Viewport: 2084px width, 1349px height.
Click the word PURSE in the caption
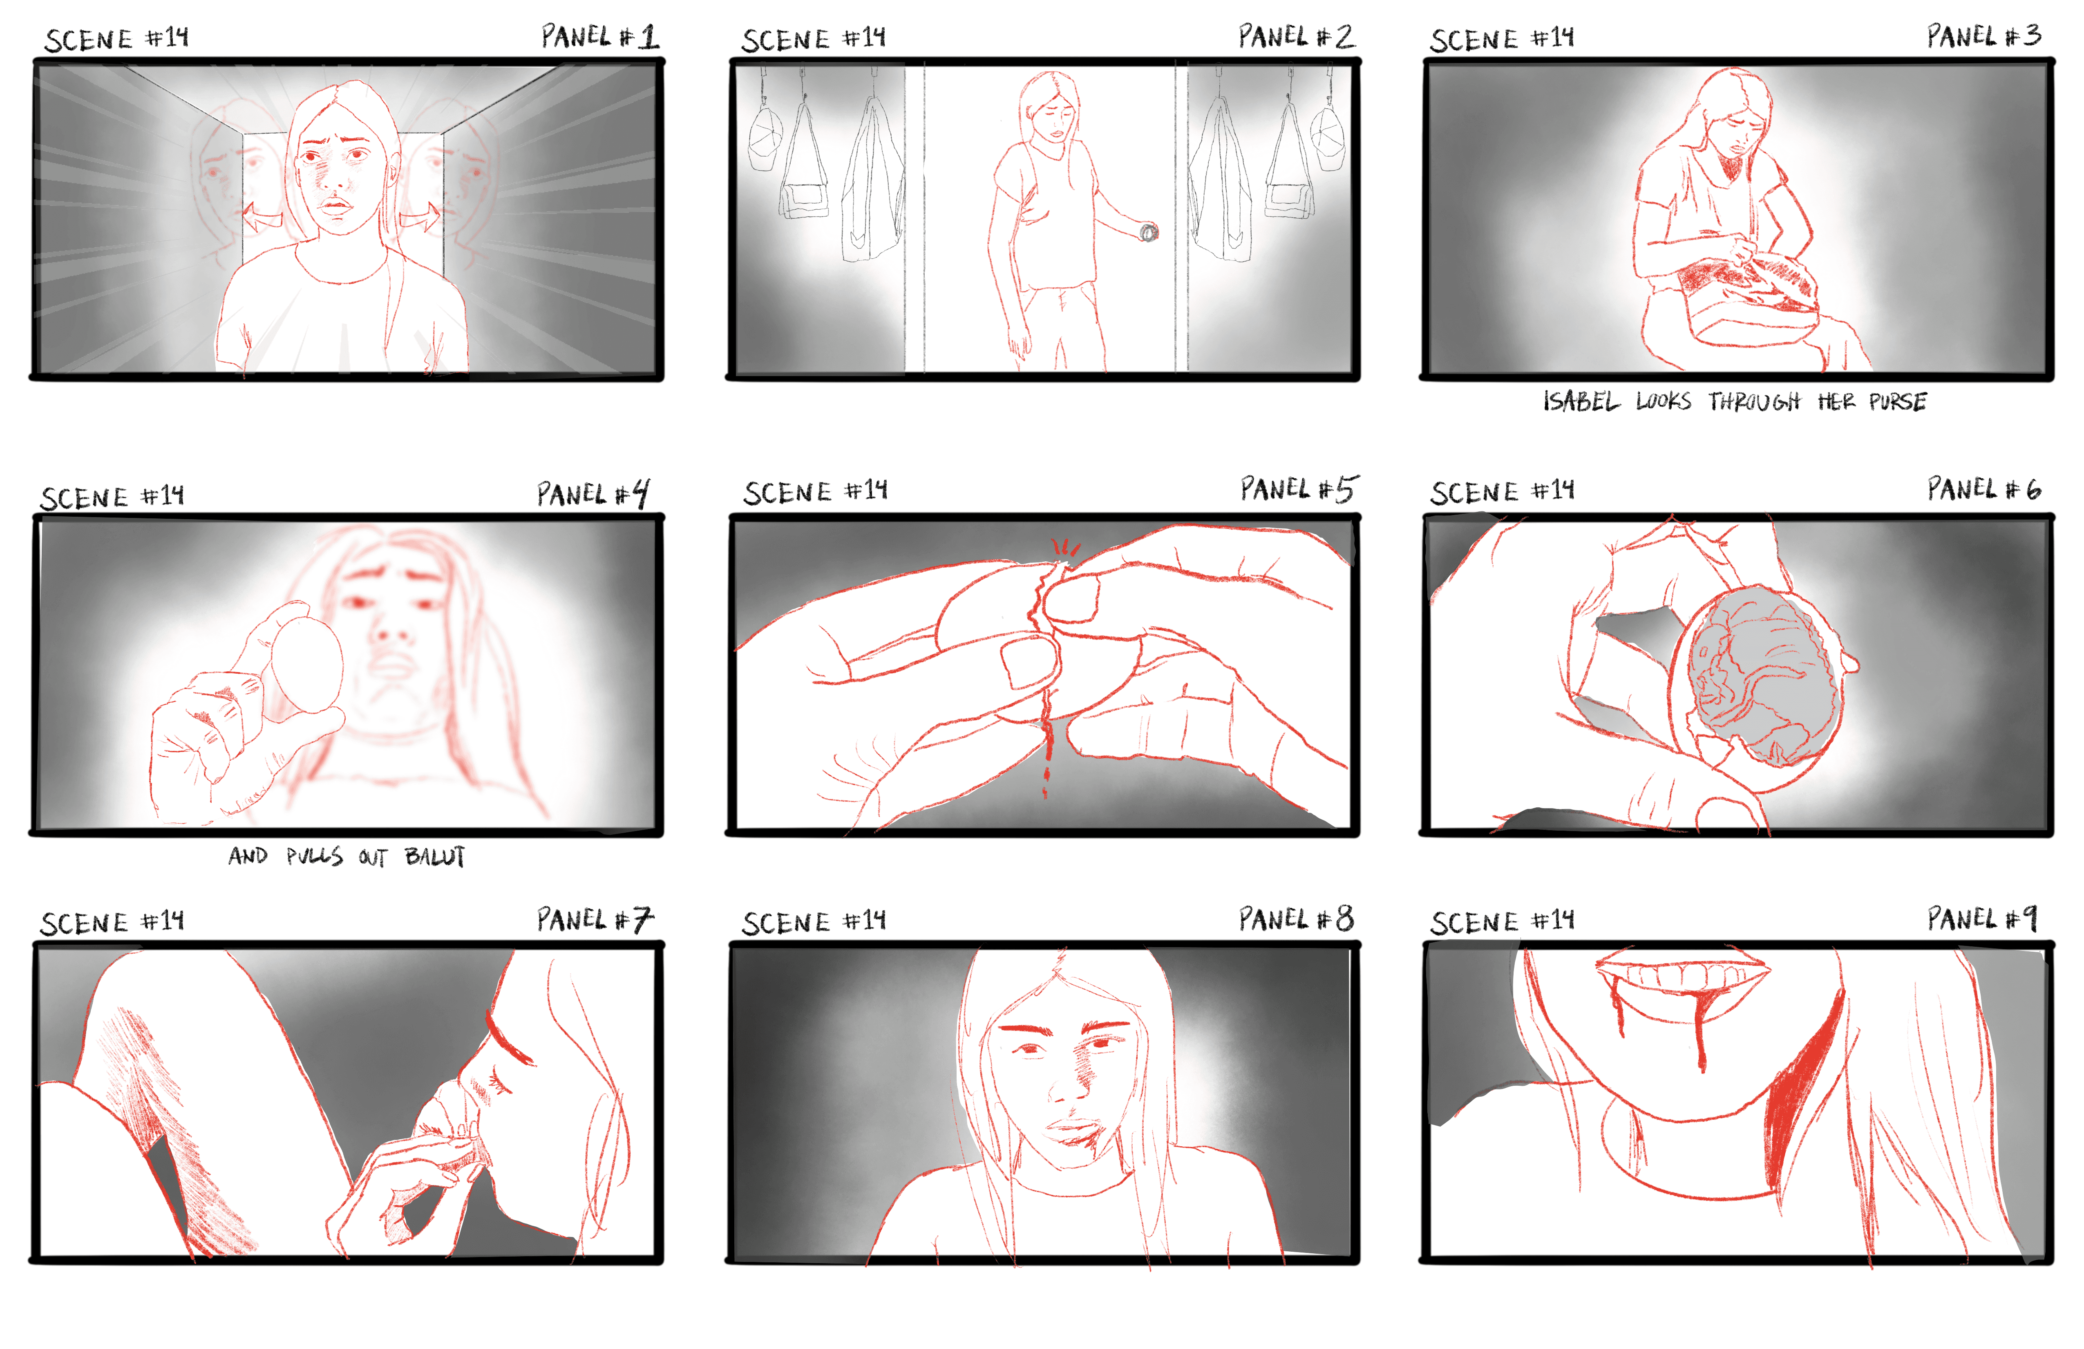tap(1898, 402)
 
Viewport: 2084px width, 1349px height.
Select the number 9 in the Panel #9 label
tap(2028, 919)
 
